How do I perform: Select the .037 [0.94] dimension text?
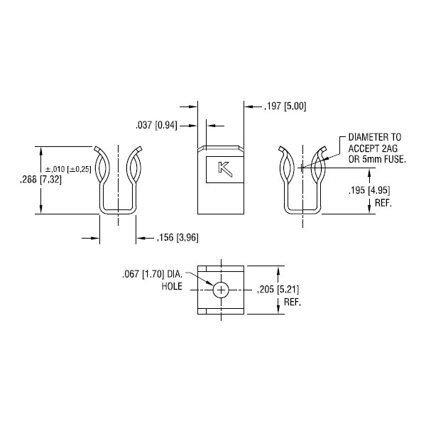pos(156,126)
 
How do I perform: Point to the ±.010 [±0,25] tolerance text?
pos(68,169)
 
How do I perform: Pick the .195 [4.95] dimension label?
pos(369,190)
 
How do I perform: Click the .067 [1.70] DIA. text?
pos(152,274)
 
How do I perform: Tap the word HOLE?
pos(172,286)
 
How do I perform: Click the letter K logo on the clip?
pos(225,169)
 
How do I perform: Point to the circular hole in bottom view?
pos(221,290)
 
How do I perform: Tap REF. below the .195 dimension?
pos(383,203)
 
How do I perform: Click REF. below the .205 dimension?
pos(293,302)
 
